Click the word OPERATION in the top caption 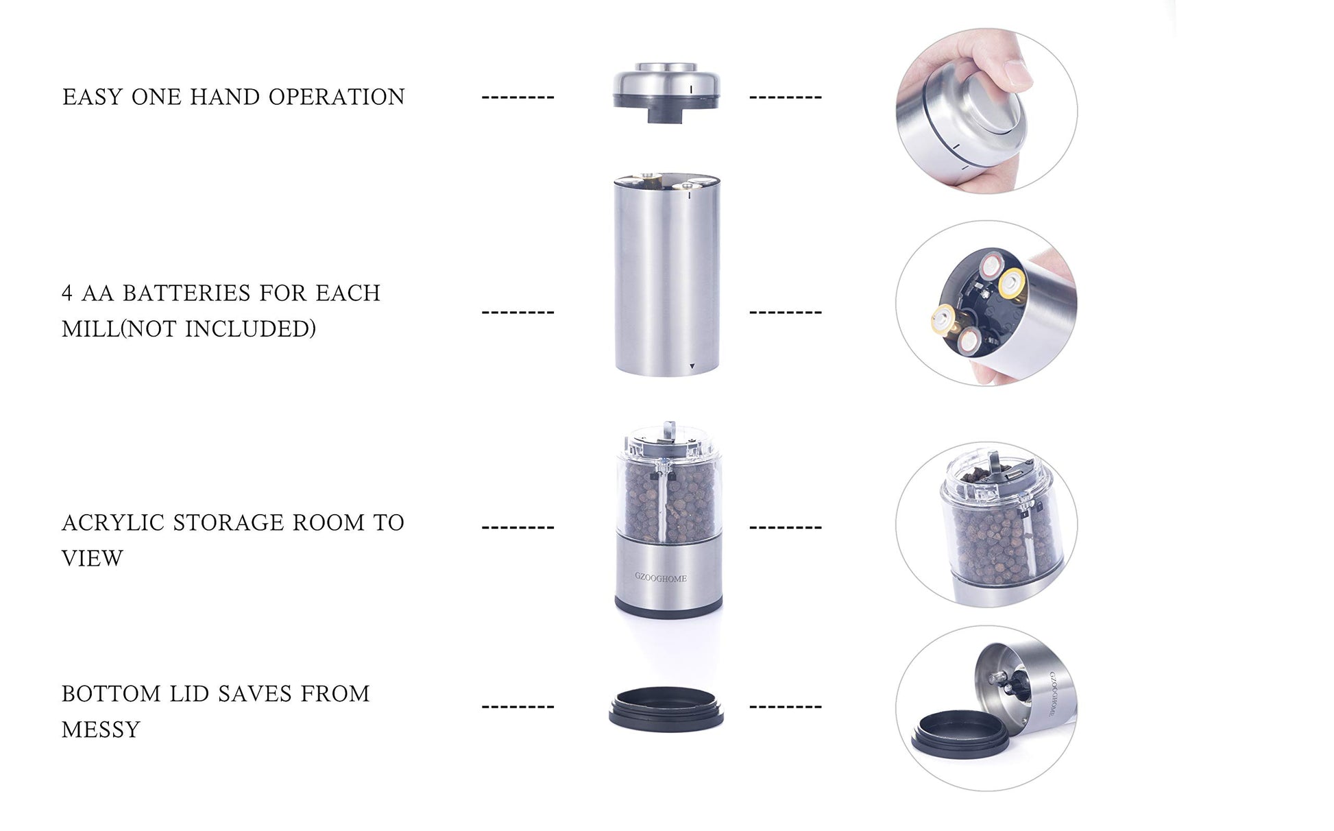click(x=337, y=97)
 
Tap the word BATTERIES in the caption click(x=186, y=293)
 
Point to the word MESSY click(x=101, y=730)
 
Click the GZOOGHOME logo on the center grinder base click(x=661, y=579)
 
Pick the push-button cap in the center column click(x=666, y=93)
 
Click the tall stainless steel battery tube click(x=667, y=274)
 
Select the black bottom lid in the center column click(x=666, y=709)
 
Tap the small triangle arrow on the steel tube click(x=692, y=367)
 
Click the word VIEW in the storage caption click(x=93, y=559)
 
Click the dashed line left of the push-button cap click(x=518, y=97)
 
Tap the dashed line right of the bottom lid click(x=786, y=706)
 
